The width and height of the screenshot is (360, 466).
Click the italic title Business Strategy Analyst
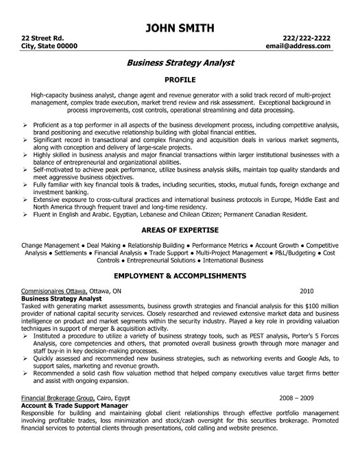[180, 62]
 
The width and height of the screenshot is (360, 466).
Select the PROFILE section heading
[180, 79]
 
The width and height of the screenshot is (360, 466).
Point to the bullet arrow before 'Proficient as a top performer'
[25, 126]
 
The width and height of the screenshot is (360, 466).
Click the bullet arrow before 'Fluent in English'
[25, 215]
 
